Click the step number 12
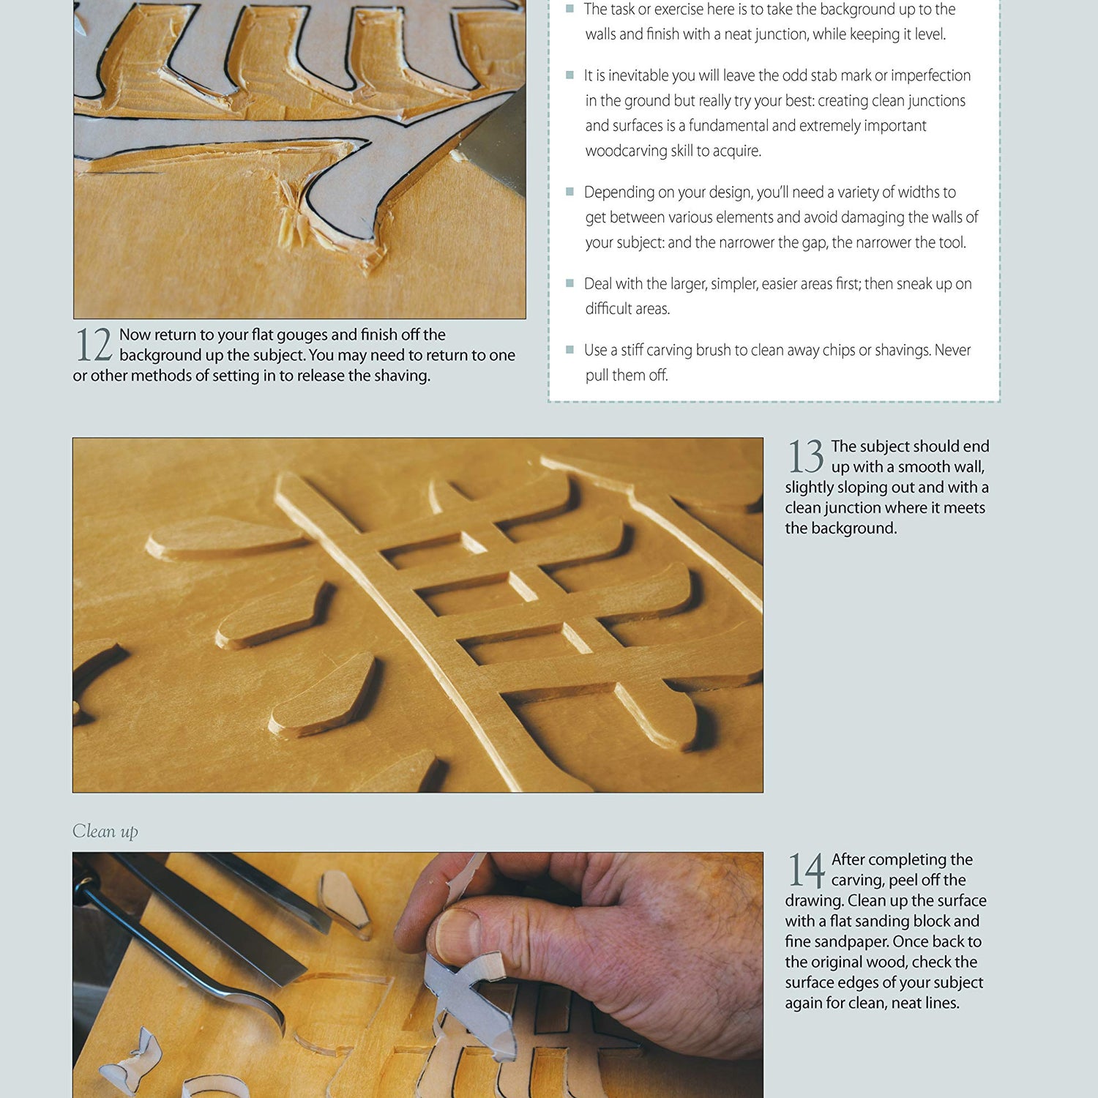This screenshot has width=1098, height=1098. pyautogui.click(x=94, y=345)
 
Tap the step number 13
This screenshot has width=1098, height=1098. pyautogui.click(x=805, y=457)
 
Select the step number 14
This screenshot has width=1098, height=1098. pyautogui.click(x=806, y=870)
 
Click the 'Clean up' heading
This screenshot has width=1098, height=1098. pyautogui.click(x=105, y=831)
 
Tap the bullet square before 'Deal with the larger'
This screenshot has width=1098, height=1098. pyautogui.click(x=569, y=283)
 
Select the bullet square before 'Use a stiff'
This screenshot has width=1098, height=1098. pyautogui.click(x=569, y=350)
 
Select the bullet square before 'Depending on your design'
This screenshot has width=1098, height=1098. pyautogui.click(x=569, y=192)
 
